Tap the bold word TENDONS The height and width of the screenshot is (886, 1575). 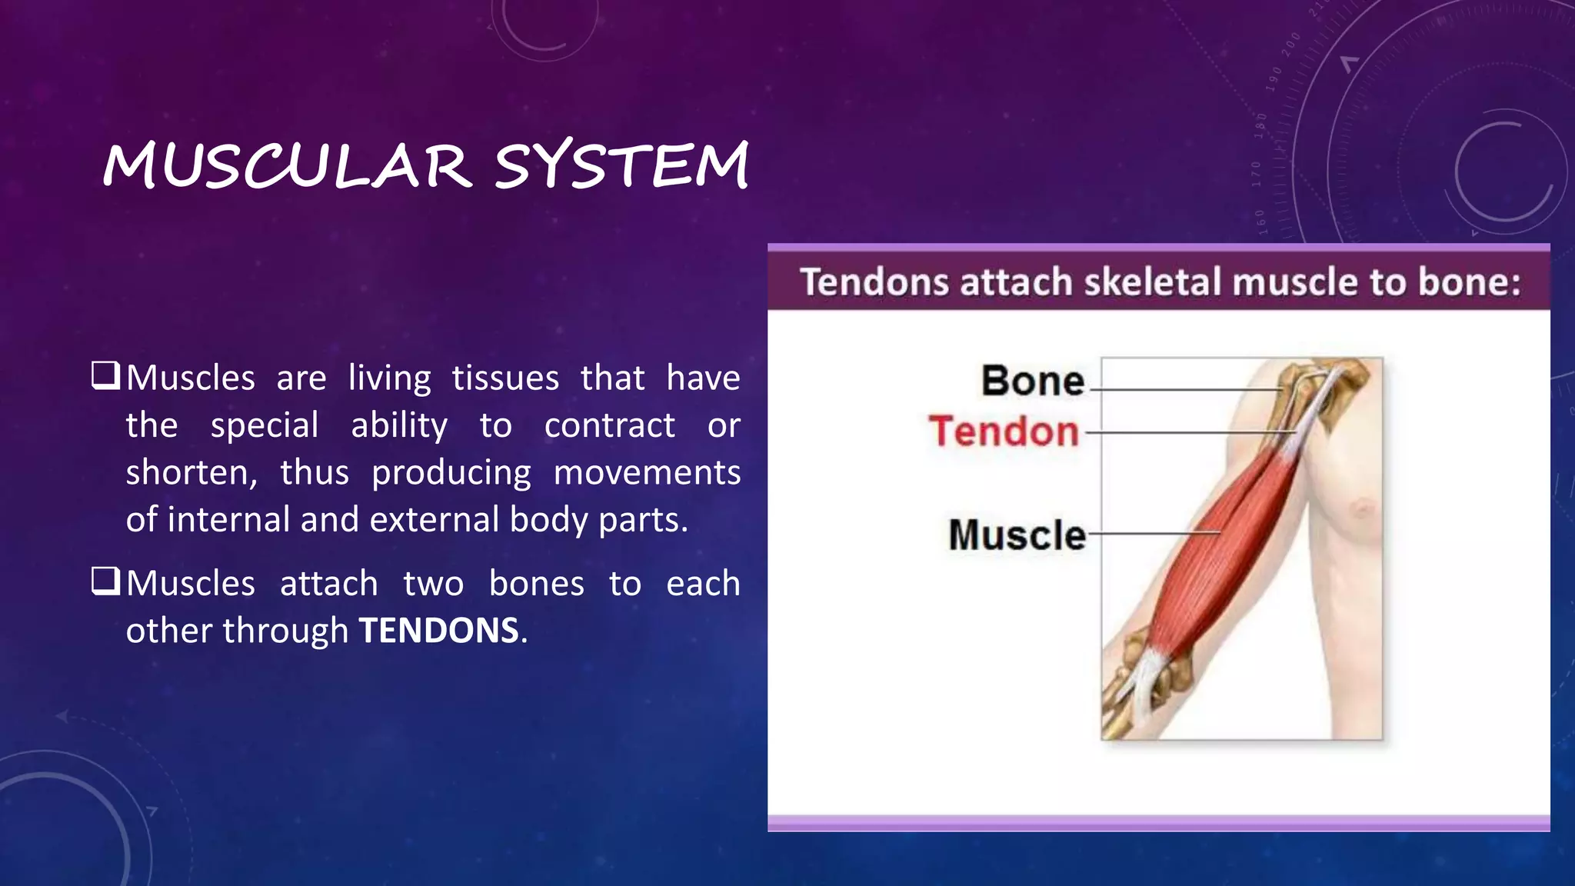click(438, 631)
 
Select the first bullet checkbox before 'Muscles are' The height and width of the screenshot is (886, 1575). click(105, 376)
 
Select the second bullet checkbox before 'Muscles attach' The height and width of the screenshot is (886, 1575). click(105, 581)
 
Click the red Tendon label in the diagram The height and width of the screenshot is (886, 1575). click(1004, 431)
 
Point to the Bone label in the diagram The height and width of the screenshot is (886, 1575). click(1033, 381)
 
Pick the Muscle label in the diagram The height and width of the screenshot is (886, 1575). click(1017, 535)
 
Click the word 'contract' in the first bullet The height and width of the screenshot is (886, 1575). click(609, 425)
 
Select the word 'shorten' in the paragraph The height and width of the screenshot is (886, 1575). click(189, 473)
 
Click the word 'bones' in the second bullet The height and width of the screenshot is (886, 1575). click(536, 584)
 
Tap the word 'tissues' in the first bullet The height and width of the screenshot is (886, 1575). click(505, 378)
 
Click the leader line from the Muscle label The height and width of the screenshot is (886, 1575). click(1154, 532)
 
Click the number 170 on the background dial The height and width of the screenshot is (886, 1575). click(1257, 174)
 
